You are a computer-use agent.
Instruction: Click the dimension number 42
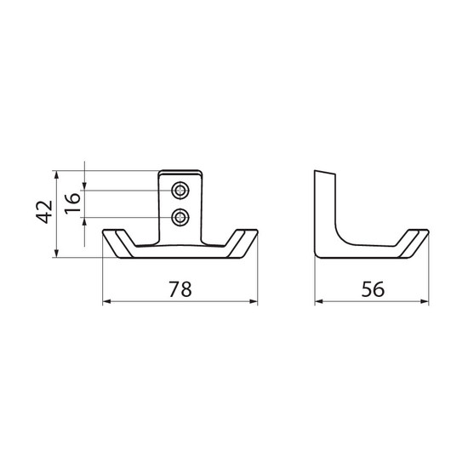coord(44,212)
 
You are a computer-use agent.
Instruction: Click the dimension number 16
coord(73,203)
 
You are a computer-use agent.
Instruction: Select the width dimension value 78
coord(180,289)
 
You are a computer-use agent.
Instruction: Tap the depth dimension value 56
coord(373,289)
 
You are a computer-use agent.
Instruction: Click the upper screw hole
coord(180,190)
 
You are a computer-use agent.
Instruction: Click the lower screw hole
coord(180,217)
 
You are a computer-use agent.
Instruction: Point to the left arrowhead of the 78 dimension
coord(107,301)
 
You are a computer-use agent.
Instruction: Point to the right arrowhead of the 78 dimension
coord(253,301)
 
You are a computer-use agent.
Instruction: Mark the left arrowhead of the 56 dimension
coord(319,301)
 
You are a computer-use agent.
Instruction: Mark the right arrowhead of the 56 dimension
coord(425,301)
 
